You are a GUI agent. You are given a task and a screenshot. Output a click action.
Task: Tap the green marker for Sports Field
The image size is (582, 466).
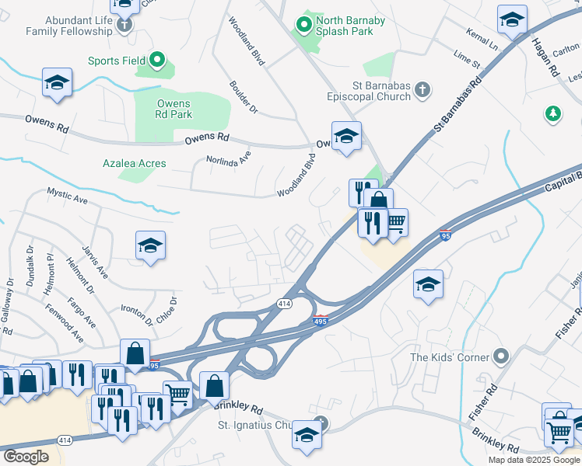pyautogui.click(x=157, y=59)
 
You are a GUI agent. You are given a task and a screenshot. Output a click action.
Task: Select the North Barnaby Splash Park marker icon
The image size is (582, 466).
pyautogui.click(x=305, y=26)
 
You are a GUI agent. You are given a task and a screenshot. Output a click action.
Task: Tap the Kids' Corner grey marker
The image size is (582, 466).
pyautogui.click(x=500, y=357)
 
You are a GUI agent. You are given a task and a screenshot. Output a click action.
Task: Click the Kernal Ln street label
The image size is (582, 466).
pyautogui.click(x=482, y=42)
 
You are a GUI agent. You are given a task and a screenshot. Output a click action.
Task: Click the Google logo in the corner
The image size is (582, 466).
pyautogui.click(x=26, y=457)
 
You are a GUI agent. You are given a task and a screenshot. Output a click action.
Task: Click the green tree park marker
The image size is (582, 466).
pyautogui.click(x=553, y=114)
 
